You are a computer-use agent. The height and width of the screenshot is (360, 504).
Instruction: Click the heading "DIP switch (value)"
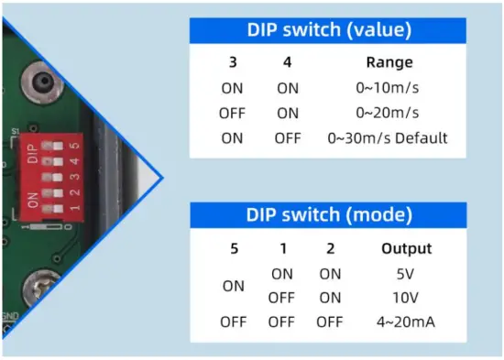coord(328,30)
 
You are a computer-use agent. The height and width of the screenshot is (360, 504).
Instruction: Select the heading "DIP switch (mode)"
coord(328,216)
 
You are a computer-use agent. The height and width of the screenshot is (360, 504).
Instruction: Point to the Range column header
coord(389,64)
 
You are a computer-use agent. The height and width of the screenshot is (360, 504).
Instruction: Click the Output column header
coord(406,248)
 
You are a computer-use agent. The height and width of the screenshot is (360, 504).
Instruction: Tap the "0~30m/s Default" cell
coord(388,138)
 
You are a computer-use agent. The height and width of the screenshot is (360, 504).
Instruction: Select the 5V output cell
coord(406,273)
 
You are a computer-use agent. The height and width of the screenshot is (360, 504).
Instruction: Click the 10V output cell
coord(406,298)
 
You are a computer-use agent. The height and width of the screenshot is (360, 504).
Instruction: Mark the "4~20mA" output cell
coord(406,322)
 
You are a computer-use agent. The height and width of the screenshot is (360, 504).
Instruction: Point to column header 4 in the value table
coord(286,64)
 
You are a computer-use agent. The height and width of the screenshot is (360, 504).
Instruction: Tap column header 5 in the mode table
coord(234,248)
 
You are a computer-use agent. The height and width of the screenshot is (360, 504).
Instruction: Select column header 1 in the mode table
coord(281,248)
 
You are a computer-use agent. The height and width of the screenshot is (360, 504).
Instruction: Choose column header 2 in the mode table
coord(330,248)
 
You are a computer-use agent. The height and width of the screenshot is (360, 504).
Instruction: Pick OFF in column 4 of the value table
coord(286,138)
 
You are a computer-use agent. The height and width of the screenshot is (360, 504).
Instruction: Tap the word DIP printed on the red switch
coord(34,152)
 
